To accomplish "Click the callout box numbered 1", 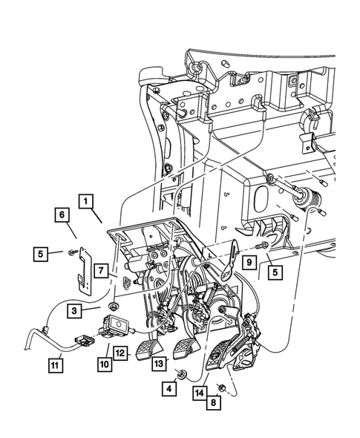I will coord(87,200).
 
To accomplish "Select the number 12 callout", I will coord(121,353).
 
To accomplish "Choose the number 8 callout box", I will coord(213,405).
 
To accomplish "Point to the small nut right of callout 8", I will coord(223,388).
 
